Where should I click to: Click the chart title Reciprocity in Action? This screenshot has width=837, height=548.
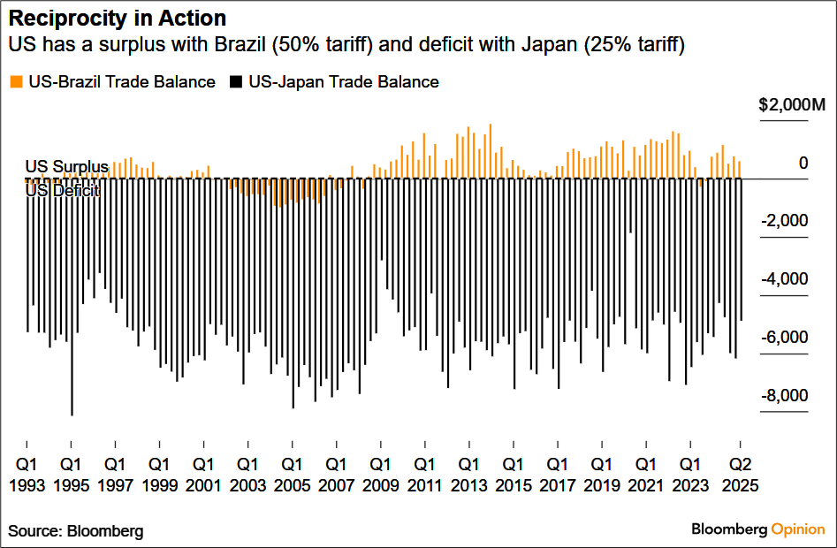coord(117,18)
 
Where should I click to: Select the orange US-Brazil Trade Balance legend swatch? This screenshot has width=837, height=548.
coord(16,82)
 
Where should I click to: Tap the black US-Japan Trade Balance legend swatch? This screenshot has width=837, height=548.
coord(236,82)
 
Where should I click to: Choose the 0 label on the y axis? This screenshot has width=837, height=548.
coord(803,163)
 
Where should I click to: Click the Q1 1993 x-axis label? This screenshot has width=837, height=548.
coord(27,474)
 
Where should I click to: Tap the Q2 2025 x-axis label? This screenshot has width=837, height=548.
coord(740,474)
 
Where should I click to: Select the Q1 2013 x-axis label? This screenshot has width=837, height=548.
coord(468,474)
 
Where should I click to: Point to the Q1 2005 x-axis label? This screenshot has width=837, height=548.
coord(292,474)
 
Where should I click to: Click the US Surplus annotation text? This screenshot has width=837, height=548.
coord(66,166)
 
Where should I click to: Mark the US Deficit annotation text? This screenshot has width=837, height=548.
coord(62,190)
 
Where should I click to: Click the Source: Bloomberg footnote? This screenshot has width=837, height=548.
coord(76,531)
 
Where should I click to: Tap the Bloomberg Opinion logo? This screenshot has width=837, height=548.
coord(757,529)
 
